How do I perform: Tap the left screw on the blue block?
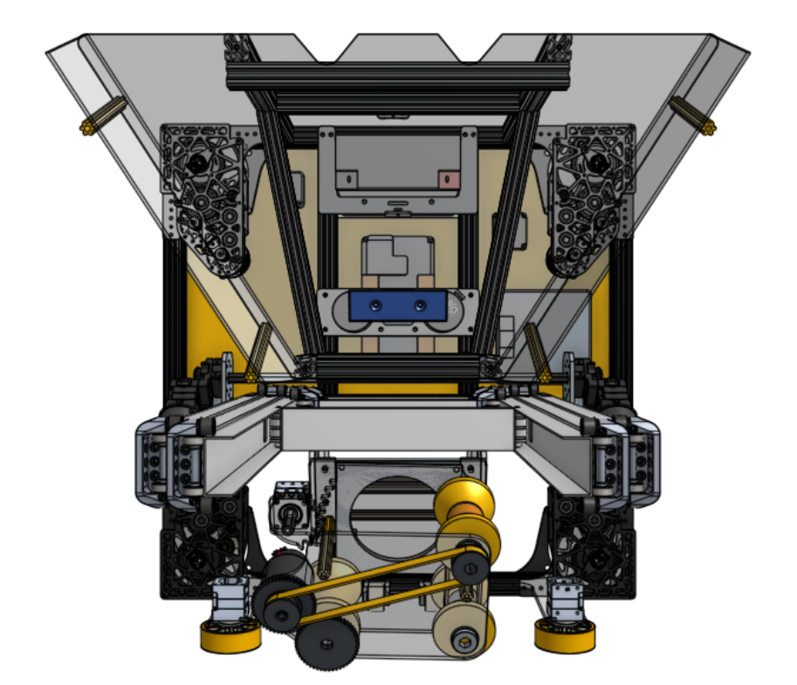pyautogui.click(x=375, y=305)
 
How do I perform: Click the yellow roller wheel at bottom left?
pyautogui.click(x=230, y=636)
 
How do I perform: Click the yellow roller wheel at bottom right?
pyautogui.click(x=565, y=636)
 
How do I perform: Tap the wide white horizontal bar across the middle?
pyautogui.click(x=398, y=429)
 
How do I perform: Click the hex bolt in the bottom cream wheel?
pyautogui.click(x=464, y=643)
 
